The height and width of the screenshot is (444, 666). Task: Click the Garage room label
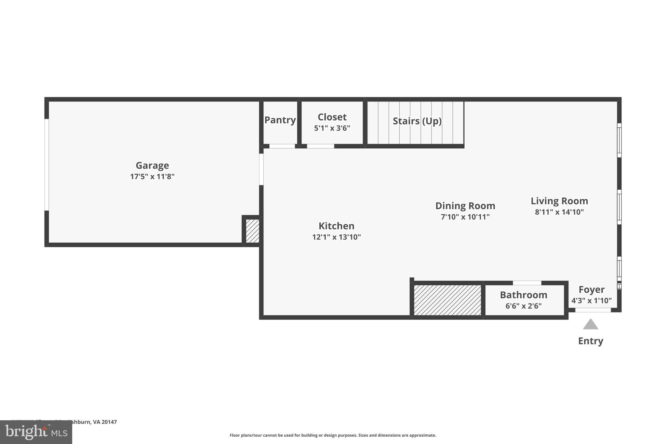[x=152, y=166]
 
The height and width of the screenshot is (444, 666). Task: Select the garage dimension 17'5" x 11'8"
[x=152, y=177]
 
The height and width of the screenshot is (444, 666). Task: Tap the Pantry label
[x=280, y=120]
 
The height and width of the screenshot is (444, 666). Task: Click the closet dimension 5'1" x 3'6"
[x=332, y=128]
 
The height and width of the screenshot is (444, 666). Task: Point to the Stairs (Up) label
[x=417, y=121]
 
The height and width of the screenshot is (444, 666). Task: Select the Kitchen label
[x=336, y=226]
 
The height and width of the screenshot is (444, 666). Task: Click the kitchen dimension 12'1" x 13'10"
[x=336, y=237]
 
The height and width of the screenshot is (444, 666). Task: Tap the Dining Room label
[x=465, y=206]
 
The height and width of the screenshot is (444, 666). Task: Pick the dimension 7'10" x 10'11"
[x=465, y=217]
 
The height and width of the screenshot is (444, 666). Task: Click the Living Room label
[x=559, y=201]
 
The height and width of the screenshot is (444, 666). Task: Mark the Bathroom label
[x=523, y=295]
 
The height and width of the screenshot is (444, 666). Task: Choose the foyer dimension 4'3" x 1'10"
[x=592, y=301]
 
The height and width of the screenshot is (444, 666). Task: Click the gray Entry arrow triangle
[x=591, y=325]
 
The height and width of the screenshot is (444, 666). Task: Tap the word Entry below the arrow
[x=591, y=341]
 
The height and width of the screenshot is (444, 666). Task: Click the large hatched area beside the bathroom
[x=447, y=300]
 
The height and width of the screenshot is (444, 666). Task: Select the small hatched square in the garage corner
[x=252, y=231]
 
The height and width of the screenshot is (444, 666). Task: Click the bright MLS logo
[x=36, y=432]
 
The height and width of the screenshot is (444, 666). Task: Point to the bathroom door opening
[x=527, y=283]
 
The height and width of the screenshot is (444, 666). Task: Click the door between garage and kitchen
[x=261, y=169]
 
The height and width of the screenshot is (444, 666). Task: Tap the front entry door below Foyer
[x=593, y=310]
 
